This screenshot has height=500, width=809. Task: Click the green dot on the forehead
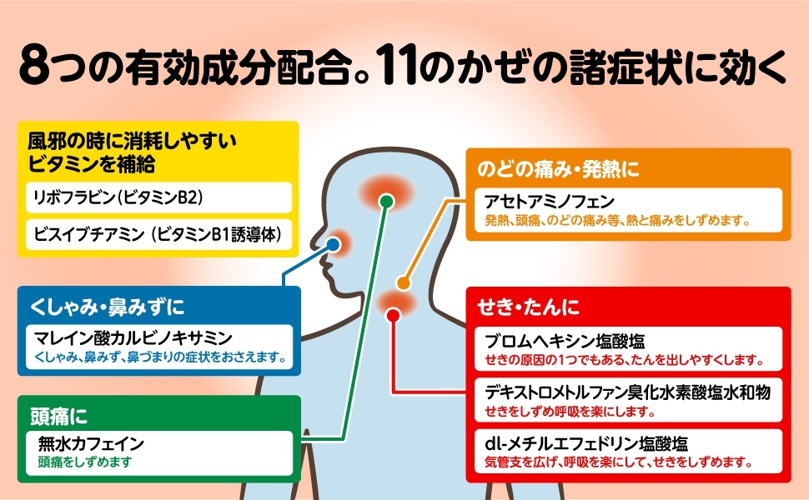tap(385, 201)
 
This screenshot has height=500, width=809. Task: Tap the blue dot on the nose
tap(333, 245)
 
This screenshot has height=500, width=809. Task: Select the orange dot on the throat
tap(403, 283)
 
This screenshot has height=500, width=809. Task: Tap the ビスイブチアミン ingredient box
tap(158, 234)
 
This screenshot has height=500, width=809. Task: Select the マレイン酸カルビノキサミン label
tap(134, 337)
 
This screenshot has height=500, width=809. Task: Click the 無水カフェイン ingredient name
tap(92, 443)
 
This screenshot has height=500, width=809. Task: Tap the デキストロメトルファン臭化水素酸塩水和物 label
tap(626, 392)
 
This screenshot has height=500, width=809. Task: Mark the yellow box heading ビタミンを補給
tap(92, 162)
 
